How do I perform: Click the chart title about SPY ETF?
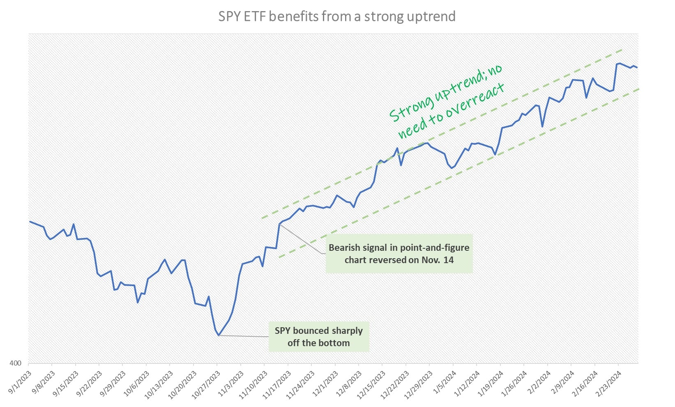point(336,16)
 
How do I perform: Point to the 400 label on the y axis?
point(15,363)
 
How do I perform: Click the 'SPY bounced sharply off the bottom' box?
point(319,337)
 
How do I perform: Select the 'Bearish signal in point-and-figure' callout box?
point(399,254)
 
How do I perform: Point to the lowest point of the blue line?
point(219,335)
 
